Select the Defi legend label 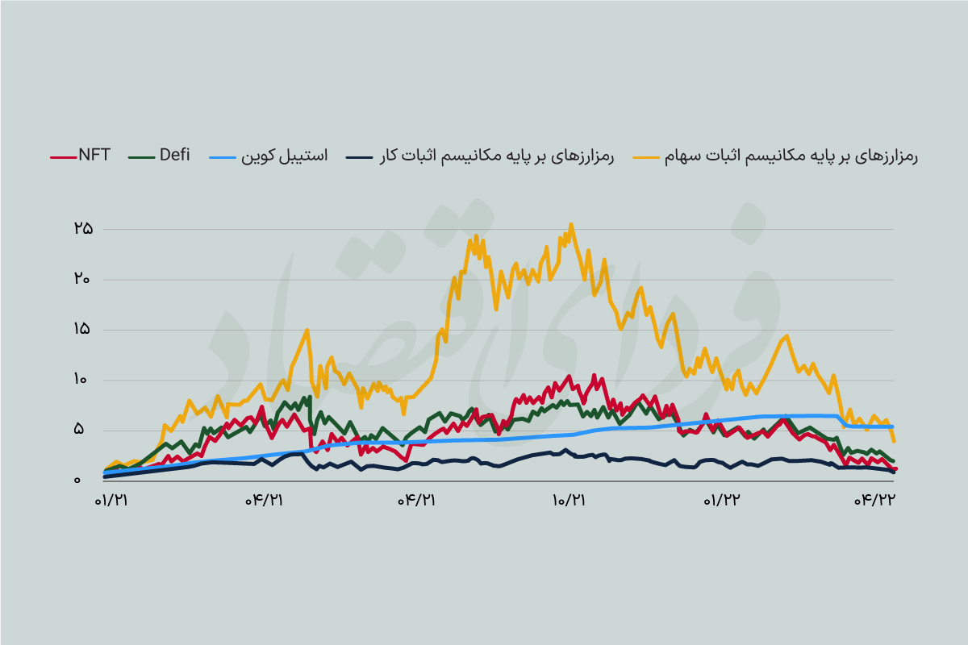174,156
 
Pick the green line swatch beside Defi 142,156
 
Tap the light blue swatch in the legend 244,156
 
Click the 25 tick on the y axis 82,229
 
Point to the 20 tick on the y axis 82,279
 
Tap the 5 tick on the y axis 78,430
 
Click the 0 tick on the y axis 77,481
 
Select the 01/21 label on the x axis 112,501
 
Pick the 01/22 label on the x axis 722,501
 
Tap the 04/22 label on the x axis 876,501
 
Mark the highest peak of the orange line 571,224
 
